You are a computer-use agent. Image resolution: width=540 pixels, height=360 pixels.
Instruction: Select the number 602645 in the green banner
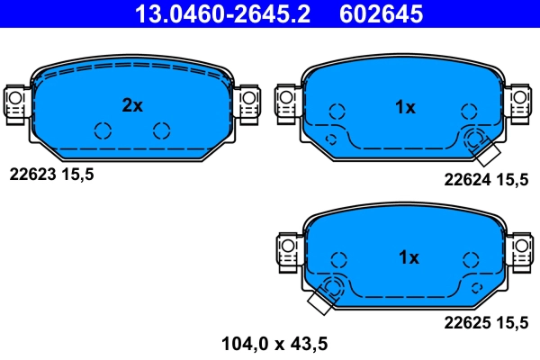(x=381, y=13)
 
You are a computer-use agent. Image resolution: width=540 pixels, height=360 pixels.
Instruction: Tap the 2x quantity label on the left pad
(x=132, y=105)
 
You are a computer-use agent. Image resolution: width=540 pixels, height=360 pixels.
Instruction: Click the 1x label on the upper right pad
(x=405, y=107)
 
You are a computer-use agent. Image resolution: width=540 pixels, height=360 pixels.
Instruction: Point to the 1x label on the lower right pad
(x=408, y=258)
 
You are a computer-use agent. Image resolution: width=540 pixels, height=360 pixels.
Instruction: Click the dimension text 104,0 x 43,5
(x=274, y=342)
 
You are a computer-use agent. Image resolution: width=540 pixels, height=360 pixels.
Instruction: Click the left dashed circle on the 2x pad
(x=102, y=130)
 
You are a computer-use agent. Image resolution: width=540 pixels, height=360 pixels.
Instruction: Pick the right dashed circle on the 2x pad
(x=161, y=130)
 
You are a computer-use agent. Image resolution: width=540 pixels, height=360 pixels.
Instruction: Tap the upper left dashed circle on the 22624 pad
(x=337, y=112)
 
